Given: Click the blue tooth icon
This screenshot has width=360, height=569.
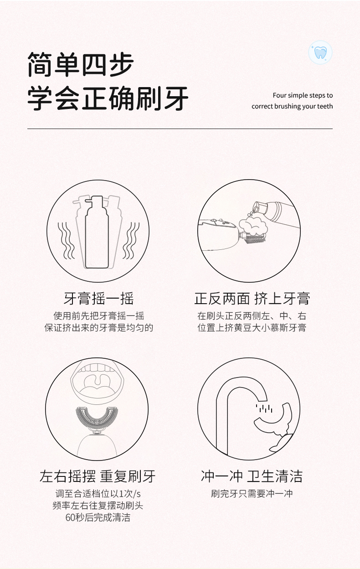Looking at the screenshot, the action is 320,52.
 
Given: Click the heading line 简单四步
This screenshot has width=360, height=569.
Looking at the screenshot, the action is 81,64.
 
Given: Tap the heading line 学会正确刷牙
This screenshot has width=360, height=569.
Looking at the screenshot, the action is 108,98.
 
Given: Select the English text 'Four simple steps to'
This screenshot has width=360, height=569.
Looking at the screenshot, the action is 303,95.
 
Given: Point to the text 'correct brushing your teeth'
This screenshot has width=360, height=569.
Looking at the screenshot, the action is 292,106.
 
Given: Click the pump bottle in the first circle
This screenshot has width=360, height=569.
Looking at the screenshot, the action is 97,232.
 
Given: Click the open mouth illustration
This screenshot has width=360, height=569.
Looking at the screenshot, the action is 97,382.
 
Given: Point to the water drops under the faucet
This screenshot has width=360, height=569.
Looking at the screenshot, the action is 264,409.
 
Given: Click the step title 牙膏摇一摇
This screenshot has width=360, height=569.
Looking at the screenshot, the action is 99,299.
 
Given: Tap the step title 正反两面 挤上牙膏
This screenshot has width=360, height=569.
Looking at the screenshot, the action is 252,299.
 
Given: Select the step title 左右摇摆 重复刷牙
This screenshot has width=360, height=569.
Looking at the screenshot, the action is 98,476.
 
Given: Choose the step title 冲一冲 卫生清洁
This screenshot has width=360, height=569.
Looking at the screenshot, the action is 252,476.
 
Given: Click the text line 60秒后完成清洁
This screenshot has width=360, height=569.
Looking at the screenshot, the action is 98,517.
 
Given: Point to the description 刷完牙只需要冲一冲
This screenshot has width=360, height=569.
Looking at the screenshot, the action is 252,494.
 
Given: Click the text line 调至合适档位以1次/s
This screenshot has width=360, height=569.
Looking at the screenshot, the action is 98,494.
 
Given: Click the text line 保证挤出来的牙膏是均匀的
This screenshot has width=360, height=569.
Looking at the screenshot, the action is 99,328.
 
